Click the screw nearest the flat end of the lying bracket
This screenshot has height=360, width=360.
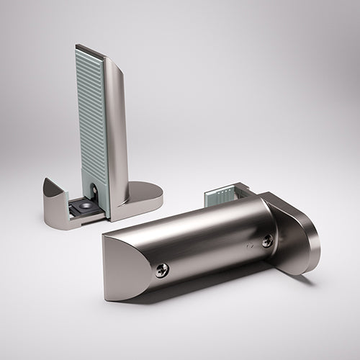tap(162, 270)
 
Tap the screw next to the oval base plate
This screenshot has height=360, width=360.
tap(267, 241)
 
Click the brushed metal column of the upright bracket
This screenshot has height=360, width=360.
tap(116, 130)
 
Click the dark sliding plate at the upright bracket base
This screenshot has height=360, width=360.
tap(79, 210)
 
